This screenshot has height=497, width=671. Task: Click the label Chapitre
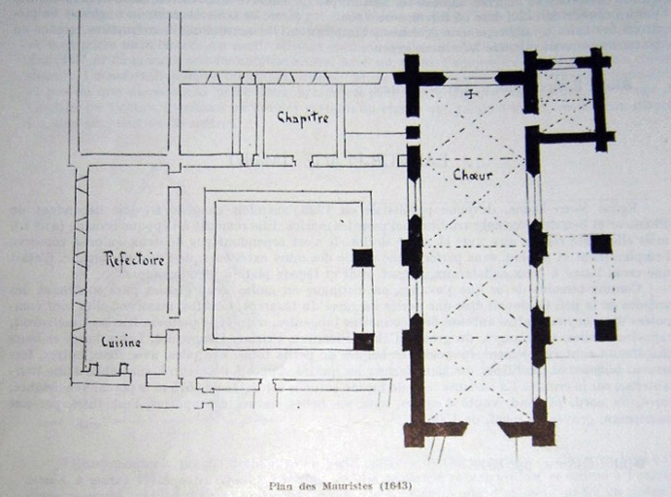click(x=302, y=117)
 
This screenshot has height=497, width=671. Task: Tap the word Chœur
click(x=473, y=175)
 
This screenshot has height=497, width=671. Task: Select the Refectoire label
click(x=134, y=259)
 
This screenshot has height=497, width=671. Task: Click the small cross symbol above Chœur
click(x=473, y=94)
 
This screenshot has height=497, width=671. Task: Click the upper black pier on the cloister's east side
click(x=362, y=257)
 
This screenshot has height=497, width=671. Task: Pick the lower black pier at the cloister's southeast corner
click(x=363, y=341)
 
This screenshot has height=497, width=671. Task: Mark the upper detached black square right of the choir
click(x=601, y=244)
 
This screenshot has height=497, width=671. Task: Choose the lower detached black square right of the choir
click(x=605, y=330)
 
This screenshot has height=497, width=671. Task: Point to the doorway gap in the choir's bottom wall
click(x=482, y=428)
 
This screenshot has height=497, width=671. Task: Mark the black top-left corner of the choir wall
click(x=412, y=77)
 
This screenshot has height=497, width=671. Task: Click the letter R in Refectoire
click(x=110, y=259)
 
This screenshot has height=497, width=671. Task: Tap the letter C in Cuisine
click(x=105, y=342)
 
